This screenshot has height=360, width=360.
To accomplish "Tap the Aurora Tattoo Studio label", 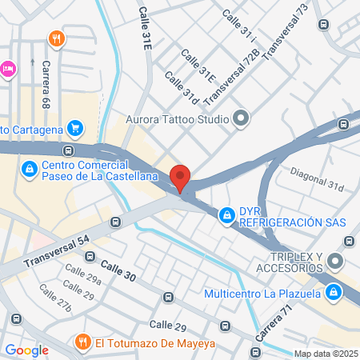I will (177, 121).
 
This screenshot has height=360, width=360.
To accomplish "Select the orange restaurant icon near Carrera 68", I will (55, 38).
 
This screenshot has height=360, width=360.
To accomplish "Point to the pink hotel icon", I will (7, 69).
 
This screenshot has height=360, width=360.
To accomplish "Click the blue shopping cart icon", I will (75, 127).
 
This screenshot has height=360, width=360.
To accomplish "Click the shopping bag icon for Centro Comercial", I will (29, 169).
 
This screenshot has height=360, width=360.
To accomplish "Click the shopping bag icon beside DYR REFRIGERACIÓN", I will (228, 214).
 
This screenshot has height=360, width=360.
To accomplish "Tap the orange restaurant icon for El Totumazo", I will (81, 342).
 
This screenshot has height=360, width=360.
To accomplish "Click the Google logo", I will (26, 350).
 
